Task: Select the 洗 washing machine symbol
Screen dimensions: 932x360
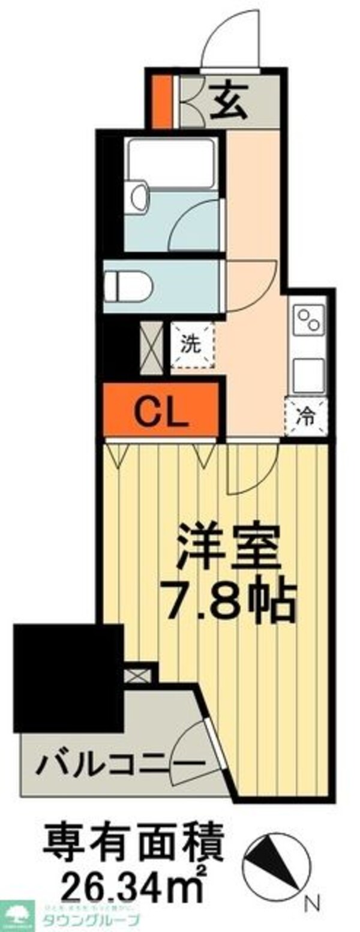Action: pos(192,345)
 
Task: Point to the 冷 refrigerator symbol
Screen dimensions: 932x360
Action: pos(306,416)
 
